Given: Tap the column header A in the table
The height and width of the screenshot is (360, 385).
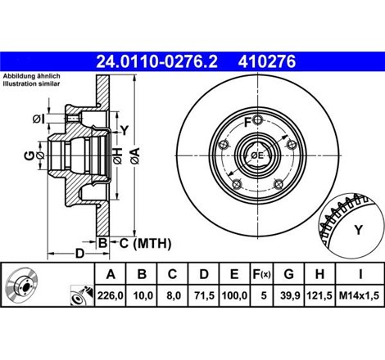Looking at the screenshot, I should [110, 274].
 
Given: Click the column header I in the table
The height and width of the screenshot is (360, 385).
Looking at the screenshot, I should [360, 274].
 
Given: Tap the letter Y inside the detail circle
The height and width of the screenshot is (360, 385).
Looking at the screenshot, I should [356, 229].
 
